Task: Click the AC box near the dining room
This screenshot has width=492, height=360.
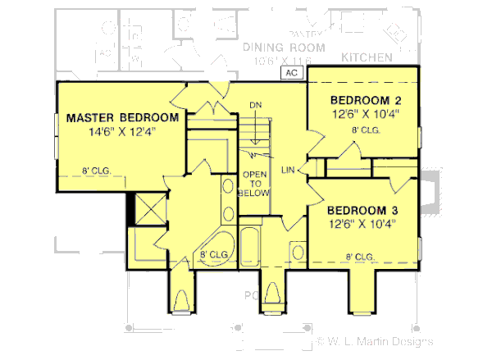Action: coord(293,73)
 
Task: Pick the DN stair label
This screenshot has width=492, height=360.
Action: coord(256,106)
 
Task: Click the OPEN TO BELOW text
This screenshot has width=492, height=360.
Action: coord(251,184)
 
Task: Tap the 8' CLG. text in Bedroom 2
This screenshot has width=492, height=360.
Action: coord(364,130)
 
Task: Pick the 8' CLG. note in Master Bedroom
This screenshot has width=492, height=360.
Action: coord(96,171)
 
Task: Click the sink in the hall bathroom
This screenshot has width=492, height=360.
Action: coord(298,251)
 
